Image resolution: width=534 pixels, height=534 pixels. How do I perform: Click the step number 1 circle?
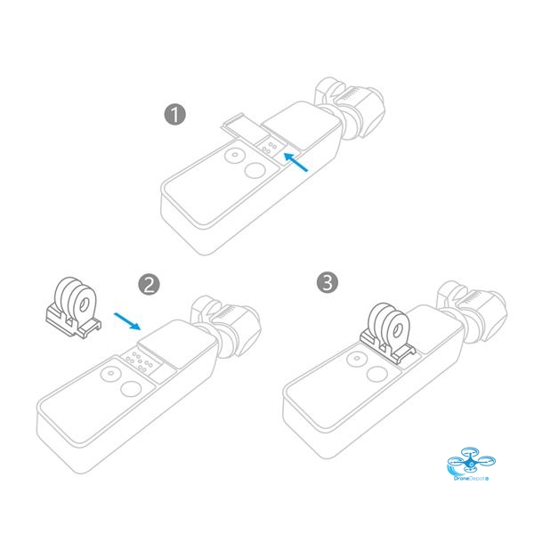point(175,115)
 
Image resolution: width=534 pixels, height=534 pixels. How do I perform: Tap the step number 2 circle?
point(150,285)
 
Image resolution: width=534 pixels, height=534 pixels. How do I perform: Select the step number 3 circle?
point(328,283)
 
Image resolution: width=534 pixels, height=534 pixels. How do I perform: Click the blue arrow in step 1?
point(295,162)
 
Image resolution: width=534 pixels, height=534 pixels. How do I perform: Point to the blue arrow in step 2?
point(127,321)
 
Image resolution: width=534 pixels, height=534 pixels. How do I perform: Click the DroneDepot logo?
point(471,465)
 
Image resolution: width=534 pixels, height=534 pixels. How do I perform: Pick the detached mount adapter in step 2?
point(73,308)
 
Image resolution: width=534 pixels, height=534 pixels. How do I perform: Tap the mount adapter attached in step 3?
point(388,334)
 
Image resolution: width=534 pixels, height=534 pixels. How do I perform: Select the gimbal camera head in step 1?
point(351,108)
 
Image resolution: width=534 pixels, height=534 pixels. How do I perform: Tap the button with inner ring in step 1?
point(235,156)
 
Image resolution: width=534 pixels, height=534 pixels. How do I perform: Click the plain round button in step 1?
point(255,170)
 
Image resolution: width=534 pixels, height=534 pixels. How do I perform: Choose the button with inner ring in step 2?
point(110,374)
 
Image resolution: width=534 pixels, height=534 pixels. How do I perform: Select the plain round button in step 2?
point(131,388)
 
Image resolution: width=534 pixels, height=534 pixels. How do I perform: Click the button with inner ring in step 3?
point(357,360)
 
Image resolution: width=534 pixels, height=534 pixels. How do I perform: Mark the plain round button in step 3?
point(377,374)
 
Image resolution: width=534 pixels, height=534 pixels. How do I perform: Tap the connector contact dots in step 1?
point(270,147)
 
